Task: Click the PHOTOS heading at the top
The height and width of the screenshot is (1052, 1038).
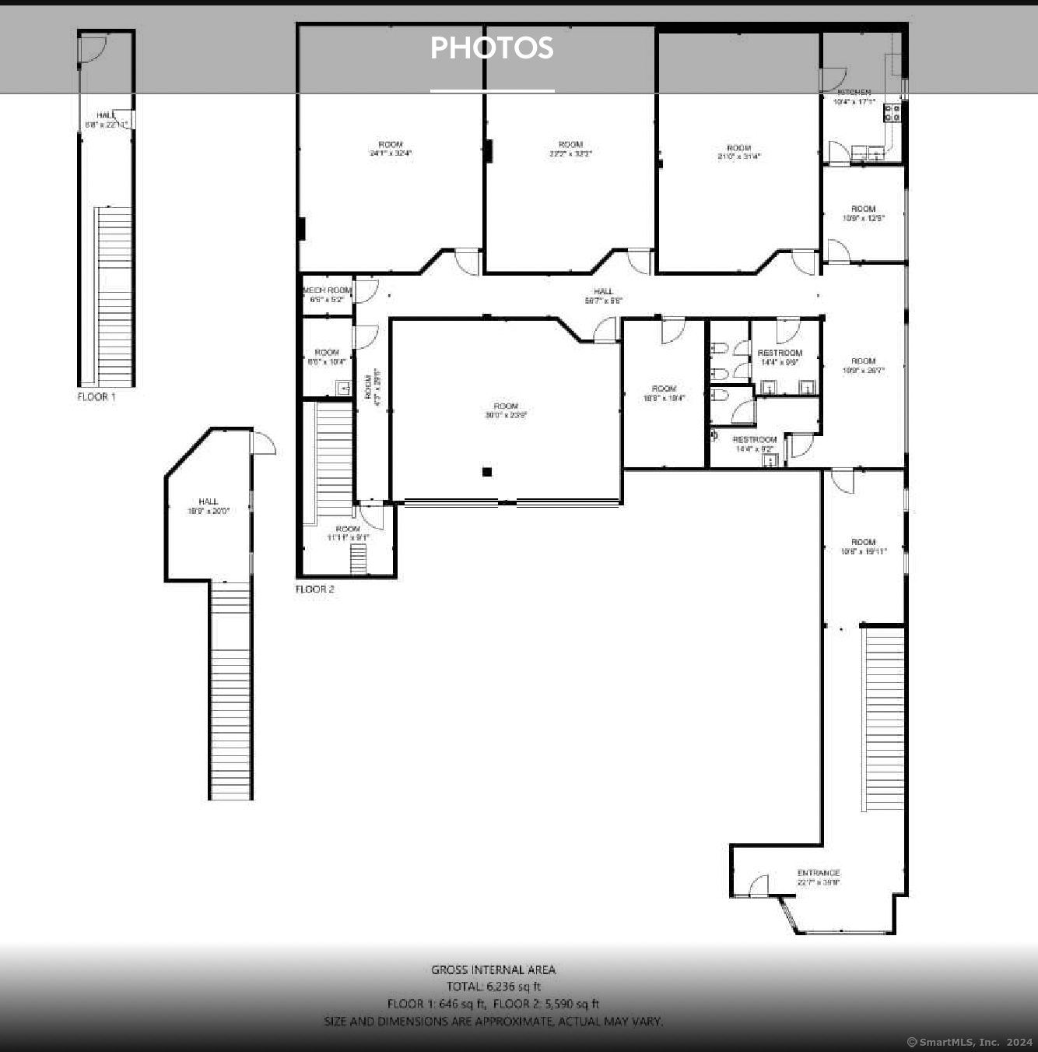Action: click(x=492, y=48)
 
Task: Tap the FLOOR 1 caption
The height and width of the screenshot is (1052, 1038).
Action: click(x=96, y=397)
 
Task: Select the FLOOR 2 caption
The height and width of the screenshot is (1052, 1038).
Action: click(x=314, y=589)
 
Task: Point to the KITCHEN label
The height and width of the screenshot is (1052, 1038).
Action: click(x=854, y=93)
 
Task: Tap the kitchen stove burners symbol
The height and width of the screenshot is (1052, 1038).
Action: click(x=892, y=113)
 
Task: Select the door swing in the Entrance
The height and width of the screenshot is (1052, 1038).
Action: click(x=759, y=885)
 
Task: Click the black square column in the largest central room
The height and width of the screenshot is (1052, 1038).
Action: click(x=487, y=472)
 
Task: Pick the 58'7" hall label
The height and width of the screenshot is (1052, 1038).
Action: click(x=603, y=296)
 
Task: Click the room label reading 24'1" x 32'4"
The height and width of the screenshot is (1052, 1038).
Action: click(x=391, y=149)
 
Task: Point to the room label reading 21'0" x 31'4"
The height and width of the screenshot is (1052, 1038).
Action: click(x=738, y=152)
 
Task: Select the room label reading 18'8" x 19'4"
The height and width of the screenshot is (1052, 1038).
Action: click(x=664, y=393)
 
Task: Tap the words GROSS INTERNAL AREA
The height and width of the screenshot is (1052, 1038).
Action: click(x=493, y=969)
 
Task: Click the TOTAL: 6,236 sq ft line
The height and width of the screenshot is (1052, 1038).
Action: click(x=493, y=987)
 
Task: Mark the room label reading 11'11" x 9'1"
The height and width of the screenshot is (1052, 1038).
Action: click(x=348, y=533)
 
